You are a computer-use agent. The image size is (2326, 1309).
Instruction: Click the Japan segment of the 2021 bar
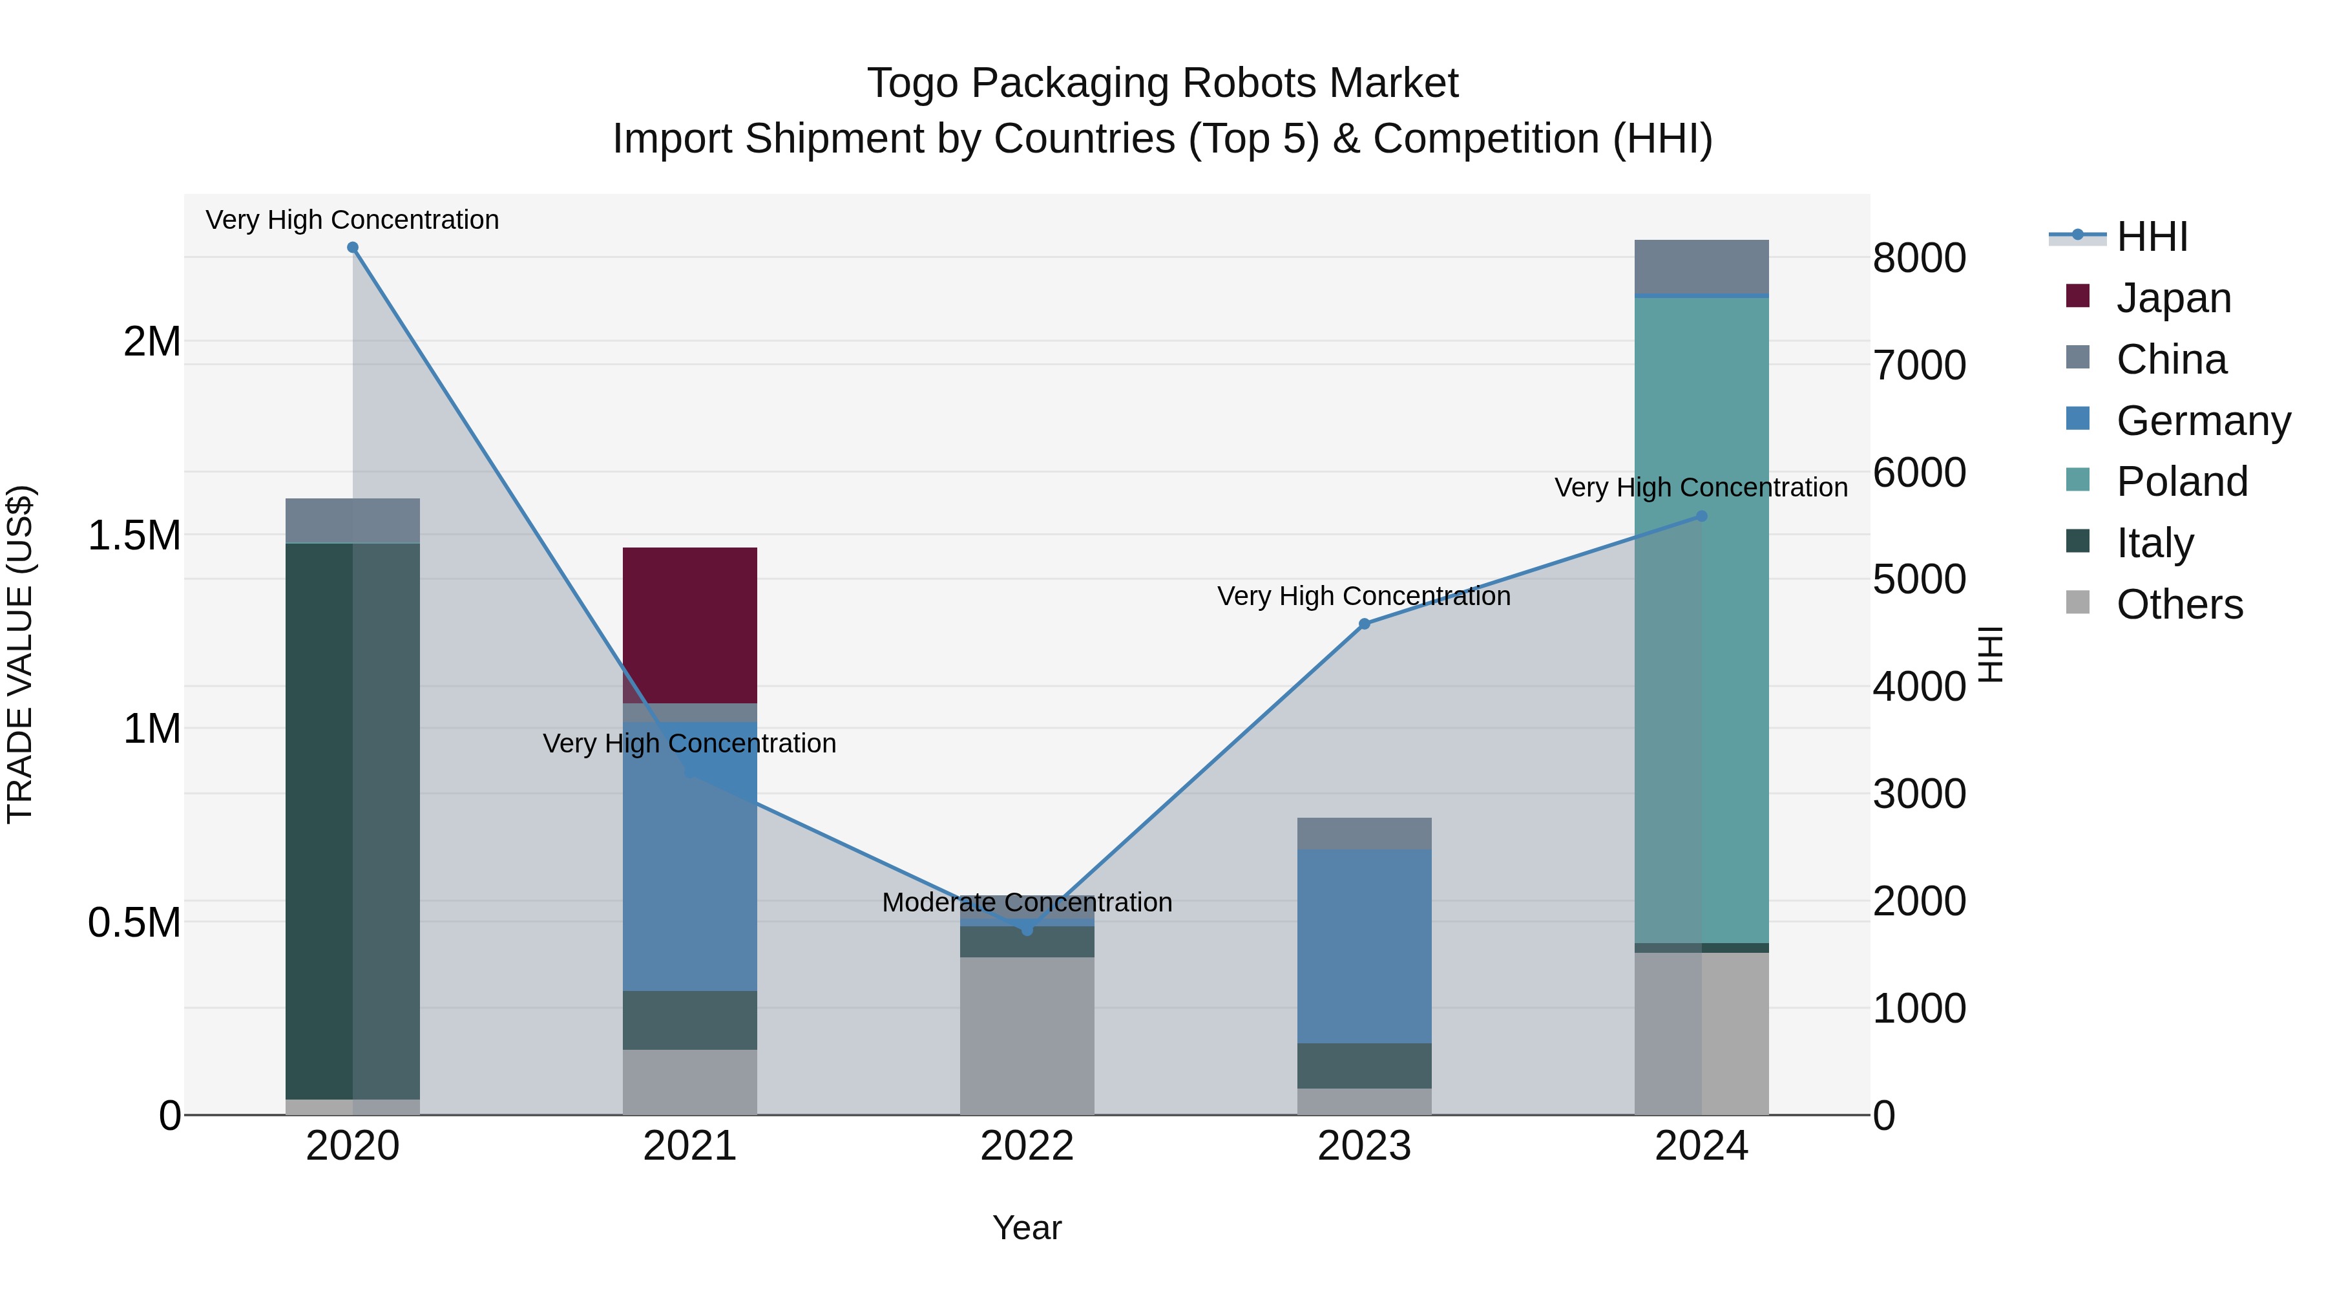[690, 625]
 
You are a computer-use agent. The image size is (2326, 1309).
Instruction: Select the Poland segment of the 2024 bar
[1701, 621]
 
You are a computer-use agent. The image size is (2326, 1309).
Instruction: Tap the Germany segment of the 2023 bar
[1365, 946]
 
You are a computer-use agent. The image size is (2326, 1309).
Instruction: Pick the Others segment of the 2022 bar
[1027, 1036]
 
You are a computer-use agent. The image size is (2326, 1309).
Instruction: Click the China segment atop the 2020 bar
[352, 520]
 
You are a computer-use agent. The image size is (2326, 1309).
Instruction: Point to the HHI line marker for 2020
[353, 248]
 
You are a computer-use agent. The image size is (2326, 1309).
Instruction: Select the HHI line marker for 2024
[1701, 516]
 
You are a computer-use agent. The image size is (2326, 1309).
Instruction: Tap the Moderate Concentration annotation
[1027, 902]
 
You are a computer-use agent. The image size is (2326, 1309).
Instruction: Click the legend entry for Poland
[2181, 482]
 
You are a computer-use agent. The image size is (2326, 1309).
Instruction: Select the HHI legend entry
[2151, 237]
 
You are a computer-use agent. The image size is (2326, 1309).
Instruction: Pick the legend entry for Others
[2178, 604]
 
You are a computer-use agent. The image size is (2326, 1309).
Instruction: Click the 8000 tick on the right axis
[1919, 259]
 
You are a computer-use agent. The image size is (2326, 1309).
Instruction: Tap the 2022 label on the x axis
[1027, 1146]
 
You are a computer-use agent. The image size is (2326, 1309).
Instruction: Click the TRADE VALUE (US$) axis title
[20, 654]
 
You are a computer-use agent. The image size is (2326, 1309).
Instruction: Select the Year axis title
[1027, 1228]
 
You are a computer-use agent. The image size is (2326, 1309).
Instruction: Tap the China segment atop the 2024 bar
[1701, 266]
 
